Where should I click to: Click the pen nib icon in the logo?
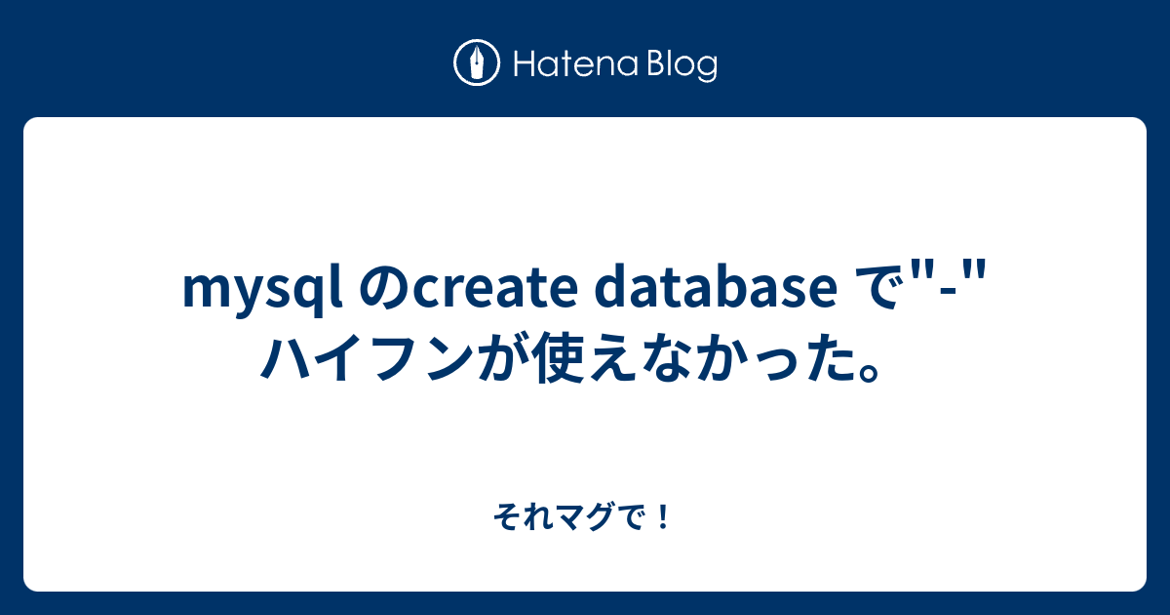(477, 62)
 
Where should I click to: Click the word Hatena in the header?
(576, 64)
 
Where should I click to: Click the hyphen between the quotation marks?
(946, 293)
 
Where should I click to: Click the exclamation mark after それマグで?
(663, 516)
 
